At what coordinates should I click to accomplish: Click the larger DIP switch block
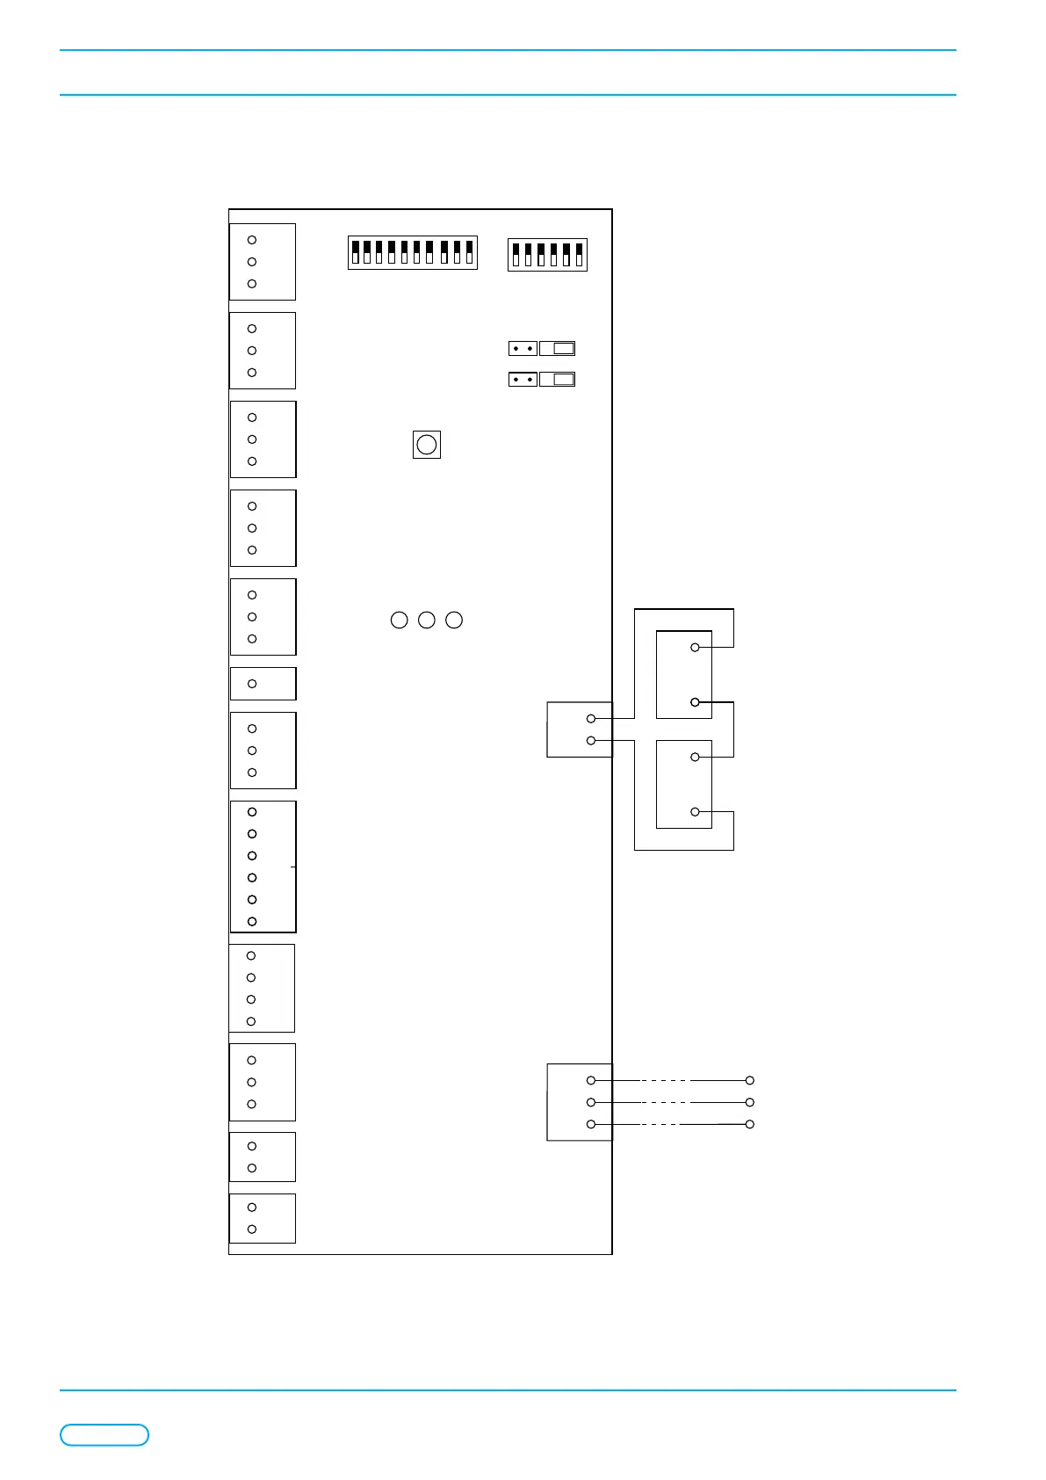(412, 253)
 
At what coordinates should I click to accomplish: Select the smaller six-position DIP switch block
(547, 255)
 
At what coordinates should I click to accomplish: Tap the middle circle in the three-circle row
(427, 620)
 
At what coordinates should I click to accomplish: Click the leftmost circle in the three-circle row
(399, 620)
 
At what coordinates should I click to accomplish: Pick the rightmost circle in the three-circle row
(454, 620)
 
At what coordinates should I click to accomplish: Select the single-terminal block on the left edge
(263, 684)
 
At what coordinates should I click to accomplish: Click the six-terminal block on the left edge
(263, 867)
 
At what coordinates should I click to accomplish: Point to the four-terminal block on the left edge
(262, 988)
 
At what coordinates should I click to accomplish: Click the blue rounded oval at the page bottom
(105, 1435)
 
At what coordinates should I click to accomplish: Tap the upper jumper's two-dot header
(523, 349)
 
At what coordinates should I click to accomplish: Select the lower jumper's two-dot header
(523, 380)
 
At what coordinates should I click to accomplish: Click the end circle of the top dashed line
(750, 1080)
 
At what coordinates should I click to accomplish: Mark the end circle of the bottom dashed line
(750, 1124)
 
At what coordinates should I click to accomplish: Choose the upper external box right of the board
(684, 674)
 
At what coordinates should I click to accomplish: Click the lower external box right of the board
(684, 784)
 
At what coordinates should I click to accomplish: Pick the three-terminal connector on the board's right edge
(579, 1102)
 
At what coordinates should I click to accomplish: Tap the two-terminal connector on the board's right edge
(579, 729)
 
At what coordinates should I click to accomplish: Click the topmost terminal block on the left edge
(263, 262)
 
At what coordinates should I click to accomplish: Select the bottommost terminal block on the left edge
(263, 1218)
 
